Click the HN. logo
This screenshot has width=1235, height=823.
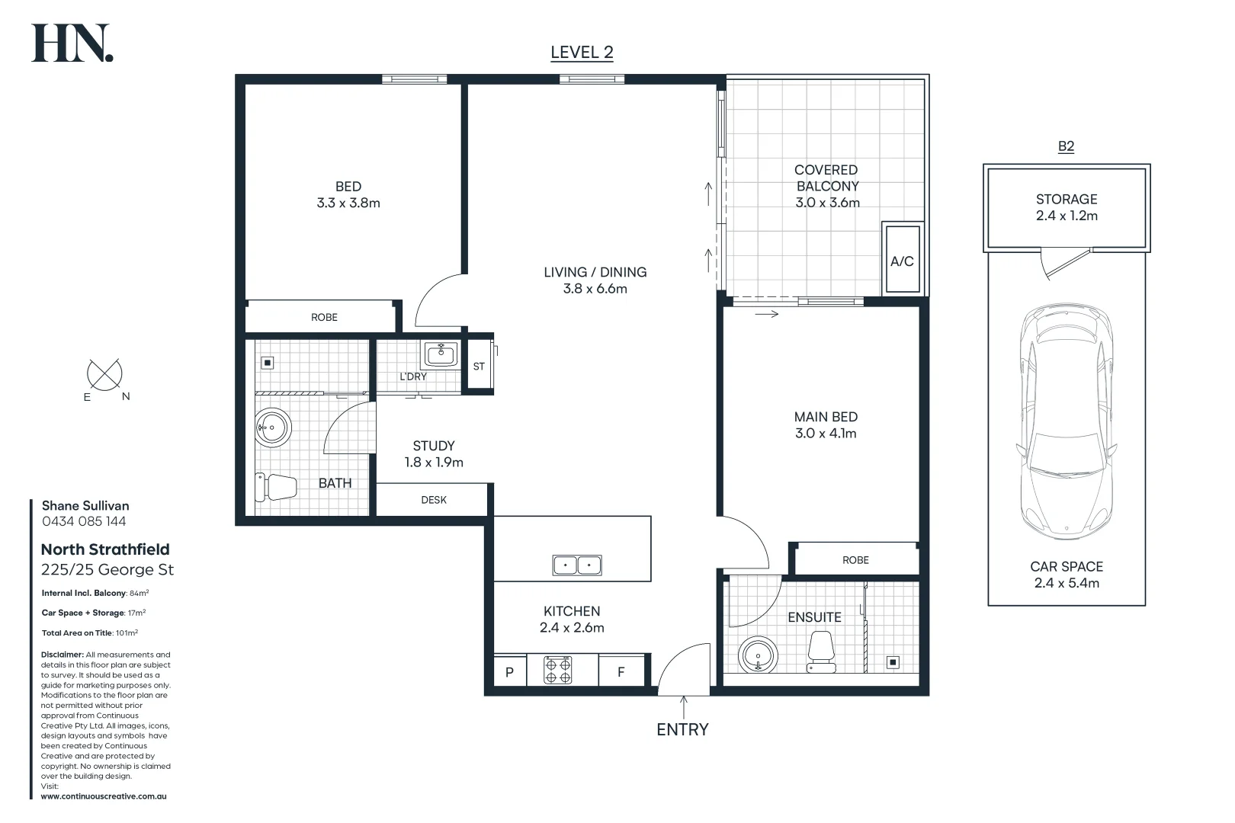pos(72,43)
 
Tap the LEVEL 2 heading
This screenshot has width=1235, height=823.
pos(582,53)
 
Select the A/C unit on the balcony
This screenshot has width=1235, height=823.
pos(902,260)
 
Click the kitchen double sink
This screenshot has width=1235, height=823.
pos(577,565)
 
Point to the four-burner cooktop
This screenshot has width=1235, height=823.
pos(557,671)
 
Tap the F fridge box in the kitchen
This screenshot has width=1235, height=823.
pos(621,672)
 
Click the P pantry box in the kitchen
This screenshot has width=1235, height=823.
pos(509,672)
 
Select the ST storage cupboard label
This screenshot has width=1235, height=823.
pos(479,367)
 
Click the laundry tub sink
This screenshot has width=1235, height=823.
pos(441,354)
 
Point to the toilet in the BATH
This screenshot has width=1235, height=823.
pos(275,487)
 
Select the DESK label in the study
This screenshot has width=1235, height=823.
pos(434,500)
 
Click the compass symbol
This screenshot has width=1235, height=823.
pos(105,375)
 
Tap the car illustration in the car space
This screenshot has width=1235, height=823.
pos(1066,421)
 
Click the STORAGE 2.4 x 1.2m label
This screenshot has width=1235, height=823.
pos(1066,207)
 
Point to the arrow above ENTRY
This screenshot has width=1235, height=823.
pos(683,706)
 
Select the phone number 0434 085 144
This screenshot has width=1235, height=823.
pos(84,521)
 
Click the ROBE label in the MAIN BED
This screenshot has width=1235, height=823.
pos(855,560)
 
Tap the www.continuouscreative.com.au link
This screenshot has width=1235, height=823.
pos(104,796)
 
